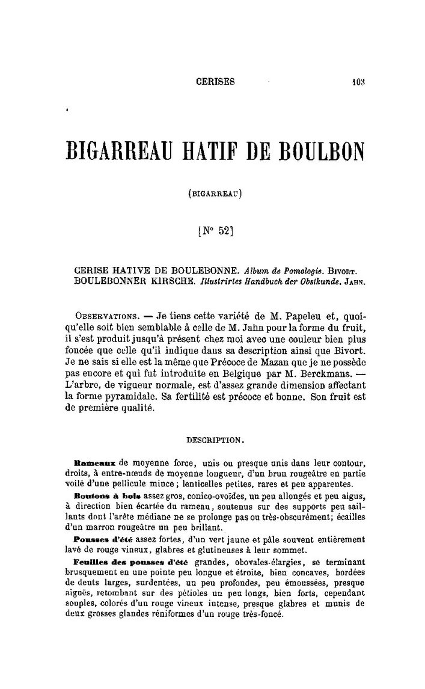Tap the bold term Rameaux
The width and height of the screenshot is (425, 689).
pyautogui.click(x=94, y=463)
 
